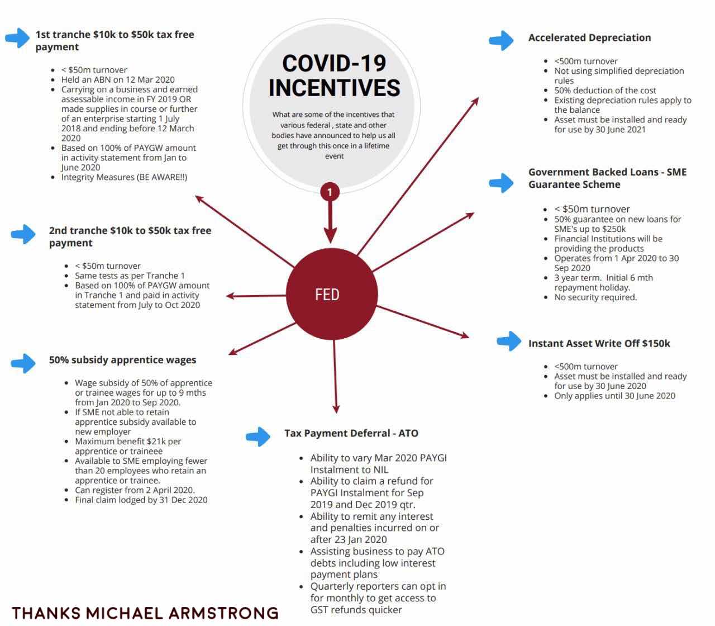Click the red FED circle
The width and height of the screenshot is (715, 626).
(x=332, y=294)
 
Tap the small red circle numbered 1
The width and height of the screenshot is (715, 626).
(x=330, y=192)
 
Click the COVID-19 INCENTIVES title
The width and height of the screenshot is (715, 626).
(x=334, y=75)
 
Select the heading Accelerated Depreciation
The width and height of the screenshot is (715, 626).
(x=589, y=37)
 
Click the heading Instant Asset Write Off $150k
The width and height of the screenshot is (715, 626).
(x=599, y=343)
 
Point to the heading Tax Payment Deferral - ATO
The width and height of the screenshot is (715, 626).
(x=351, y=433)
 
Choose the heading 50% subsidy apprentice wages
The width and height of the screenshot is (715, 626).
(x=122, y=360)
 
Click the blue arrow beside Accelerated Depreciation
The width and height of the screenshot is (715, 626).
(x=501, y=40)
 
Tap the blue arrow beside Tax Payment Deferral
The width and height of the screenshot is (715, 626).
(x=258, y=436)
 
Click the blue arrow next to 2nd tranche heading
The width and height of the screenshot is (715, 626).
(x=23, y=234)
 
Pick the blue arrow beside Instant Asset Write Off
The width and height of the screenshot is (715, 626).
(x=509, y=340)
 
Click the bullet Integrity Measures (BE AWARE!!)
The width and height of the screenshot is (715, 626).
(x=124, y=177)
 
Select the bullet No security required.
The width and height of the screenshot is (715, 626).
(x=595, y=297)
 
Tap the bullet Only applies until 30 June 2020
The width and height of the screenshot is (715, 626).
(x=614, y=396)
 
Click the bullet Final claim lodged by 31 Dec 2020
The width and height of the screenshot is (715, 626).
(x=141, y=500)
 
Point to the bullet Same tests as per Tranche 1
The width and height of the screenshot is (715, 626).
(x=130, y=276)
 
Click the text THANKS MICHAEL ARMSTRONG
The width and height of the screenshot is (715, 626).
(x=145, y=613)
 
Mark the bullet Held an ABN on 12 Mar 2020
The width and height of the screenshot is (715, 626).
(x=118, y=79)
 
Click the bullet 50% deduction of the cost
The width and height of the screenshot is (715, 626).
(x=605, y=90)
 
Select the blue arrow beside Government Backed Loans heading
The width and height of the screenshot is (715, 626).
(x=501, y=182)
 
